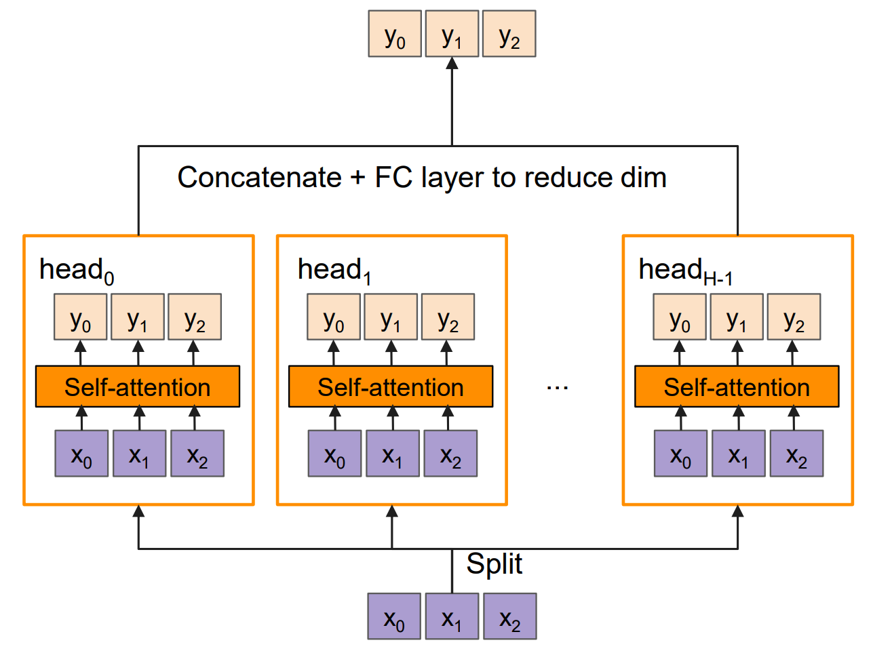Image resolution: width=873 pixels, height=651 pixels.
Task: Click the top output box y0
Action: [x=395, y=34]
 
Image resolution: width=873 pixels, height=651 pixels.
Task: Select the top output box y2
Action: [x=509, y=34]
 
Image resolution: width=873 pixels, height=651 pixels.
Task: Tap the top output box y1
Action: [x=452, y=34]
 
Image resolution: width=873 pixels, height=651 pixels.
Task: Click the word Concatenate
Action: [x=259, y=178]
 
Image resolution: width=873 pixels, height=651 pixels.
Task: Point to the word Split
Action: [x=494, y=564]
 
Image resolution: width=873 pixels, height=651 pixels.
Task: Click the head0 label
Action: [x=77, y=270]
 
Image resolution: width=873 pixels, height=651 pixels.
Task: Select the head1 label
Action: [x=334, y=270]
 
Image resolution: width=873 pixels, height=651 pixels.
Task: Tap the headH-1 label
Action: [x=685, y=270]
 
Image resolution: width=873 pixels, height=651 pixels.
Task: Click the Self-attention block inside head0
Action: [x=138, y=387]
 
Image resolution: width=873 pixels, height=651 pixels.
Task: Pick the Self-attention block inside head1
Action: [x=391, y=387]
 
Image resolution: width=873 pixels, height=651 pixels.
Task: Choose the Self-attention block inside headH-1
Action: [x=737, y=387]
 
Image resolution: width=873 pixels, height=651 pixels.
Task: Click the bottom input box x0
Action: [x=394, y=616]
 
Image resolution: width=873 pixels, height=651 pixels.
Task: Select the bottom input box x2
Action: [x=510, y=616]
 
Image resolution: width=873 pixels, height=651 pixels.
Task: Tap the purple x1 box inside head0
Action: [x=139, y=454]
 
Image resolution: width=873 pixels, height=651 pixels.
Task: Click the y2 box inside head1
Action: [x=448, y=317]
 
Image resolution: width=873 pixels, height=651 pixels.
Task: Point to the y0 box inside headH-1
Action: [x=680, y=317]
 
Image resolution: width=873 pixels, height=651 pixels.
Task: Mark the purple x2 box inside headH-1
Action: [x=796, y=454]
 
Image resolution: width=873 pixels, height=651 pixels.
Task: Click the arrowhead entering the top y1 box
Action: [x=452, y=64]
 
